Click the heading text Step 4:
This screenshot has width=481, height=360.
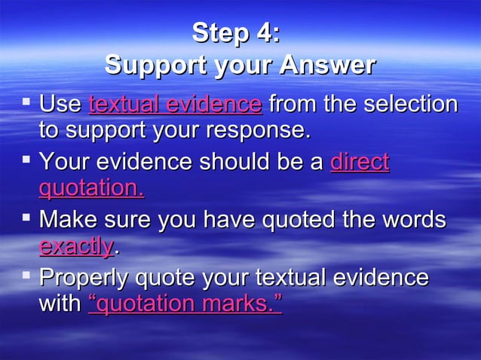(x=236, y=33)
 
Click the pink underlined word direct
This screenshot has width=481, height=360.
(x=360, y=161)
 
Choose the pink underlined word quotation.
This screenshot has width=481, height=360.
(x=91, y=188)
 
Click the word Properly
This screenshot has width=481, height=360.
(x=84, y=278)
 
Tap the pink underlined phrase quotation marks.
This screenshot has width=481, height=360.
(x=185, y=304)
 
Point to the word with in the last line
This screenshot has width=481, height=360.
(x=60, y=304)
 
